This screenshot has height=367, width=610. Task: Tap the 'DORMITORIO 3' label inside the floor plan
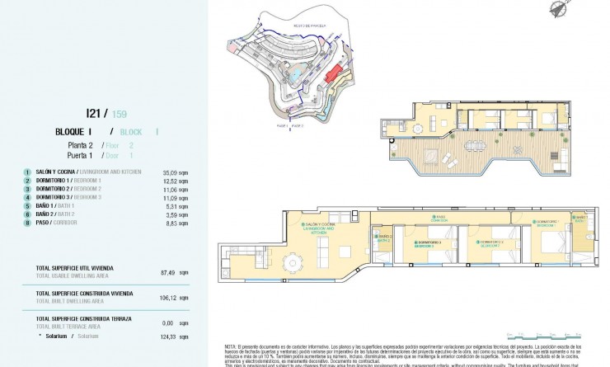point(426,242)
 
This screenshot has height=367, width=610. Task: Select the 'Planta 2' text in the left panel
point(80,144)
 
